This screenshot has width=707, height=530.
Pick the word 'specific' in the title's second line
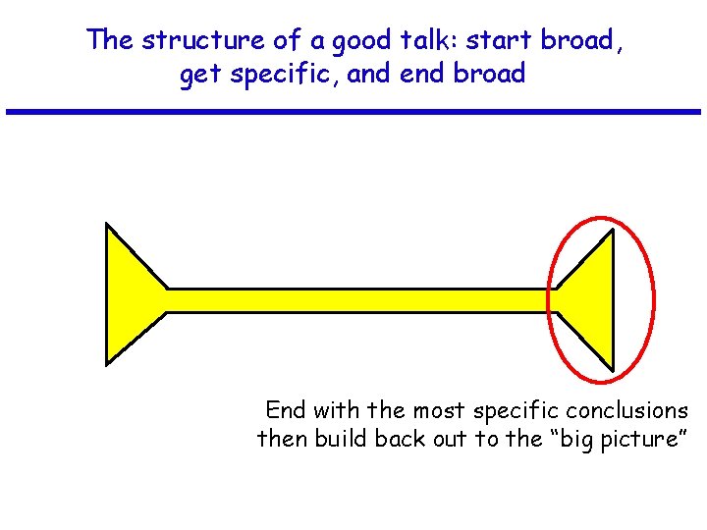click(x=283, y=75)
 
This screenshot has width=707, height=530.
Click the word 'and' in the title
click(x=370, y=74)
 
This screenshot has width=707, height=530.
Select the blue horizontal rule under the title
click(x=353, y=112)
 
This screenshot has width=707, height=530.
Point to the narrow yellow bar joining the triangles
click(x=358, y=300)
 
